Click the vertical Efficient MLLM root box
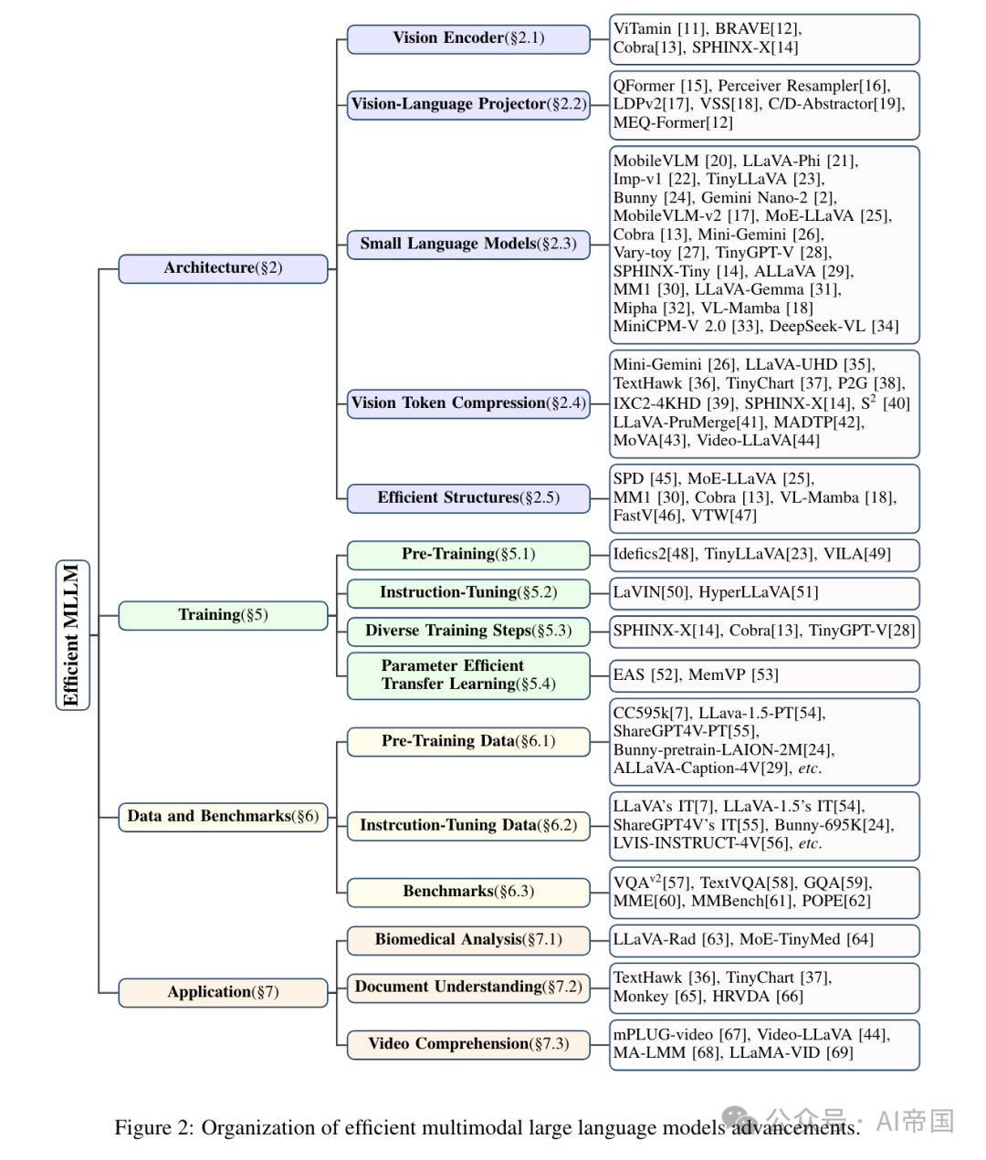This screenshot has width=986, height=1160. click(72, 634)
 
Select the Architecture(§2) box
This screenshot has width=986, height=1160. click(223, 268)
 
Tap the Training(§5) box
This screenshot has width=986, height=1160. click(223, 615)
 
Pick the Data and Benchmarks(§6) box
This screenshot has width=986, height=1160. click(223, 817)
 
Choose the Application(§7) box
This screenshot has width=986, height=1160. click(223, 992)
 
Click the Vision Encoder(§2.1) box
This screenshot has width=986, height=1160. click(468, 38)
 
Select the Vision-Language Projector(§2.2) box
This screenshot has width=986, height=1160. click(468, 104)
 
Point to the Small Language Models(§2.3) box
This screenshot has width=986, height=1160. click(468, 244)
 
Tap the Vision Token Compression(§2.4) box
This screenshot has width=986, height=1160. click(468, 403)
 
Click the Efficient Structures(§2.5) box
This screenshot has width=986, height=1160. click(468, 498)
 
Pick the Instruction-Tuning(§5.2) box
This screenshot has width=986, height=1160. click(468, 592)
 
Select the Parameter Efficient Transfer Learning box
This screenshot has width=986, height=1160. click(468, 675)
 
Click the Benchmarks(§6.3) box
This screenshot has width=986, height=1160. click(468, 892)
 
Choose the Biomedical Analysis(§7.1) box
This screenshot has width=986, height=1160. click(468, 939)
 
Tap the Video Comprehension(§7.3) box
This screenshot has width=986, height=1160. click(468, 1044)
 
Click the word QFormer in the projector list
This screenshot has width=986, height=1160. click(644, 86)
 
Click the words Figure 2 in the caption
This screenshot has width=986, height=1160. click(152, 1128)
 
